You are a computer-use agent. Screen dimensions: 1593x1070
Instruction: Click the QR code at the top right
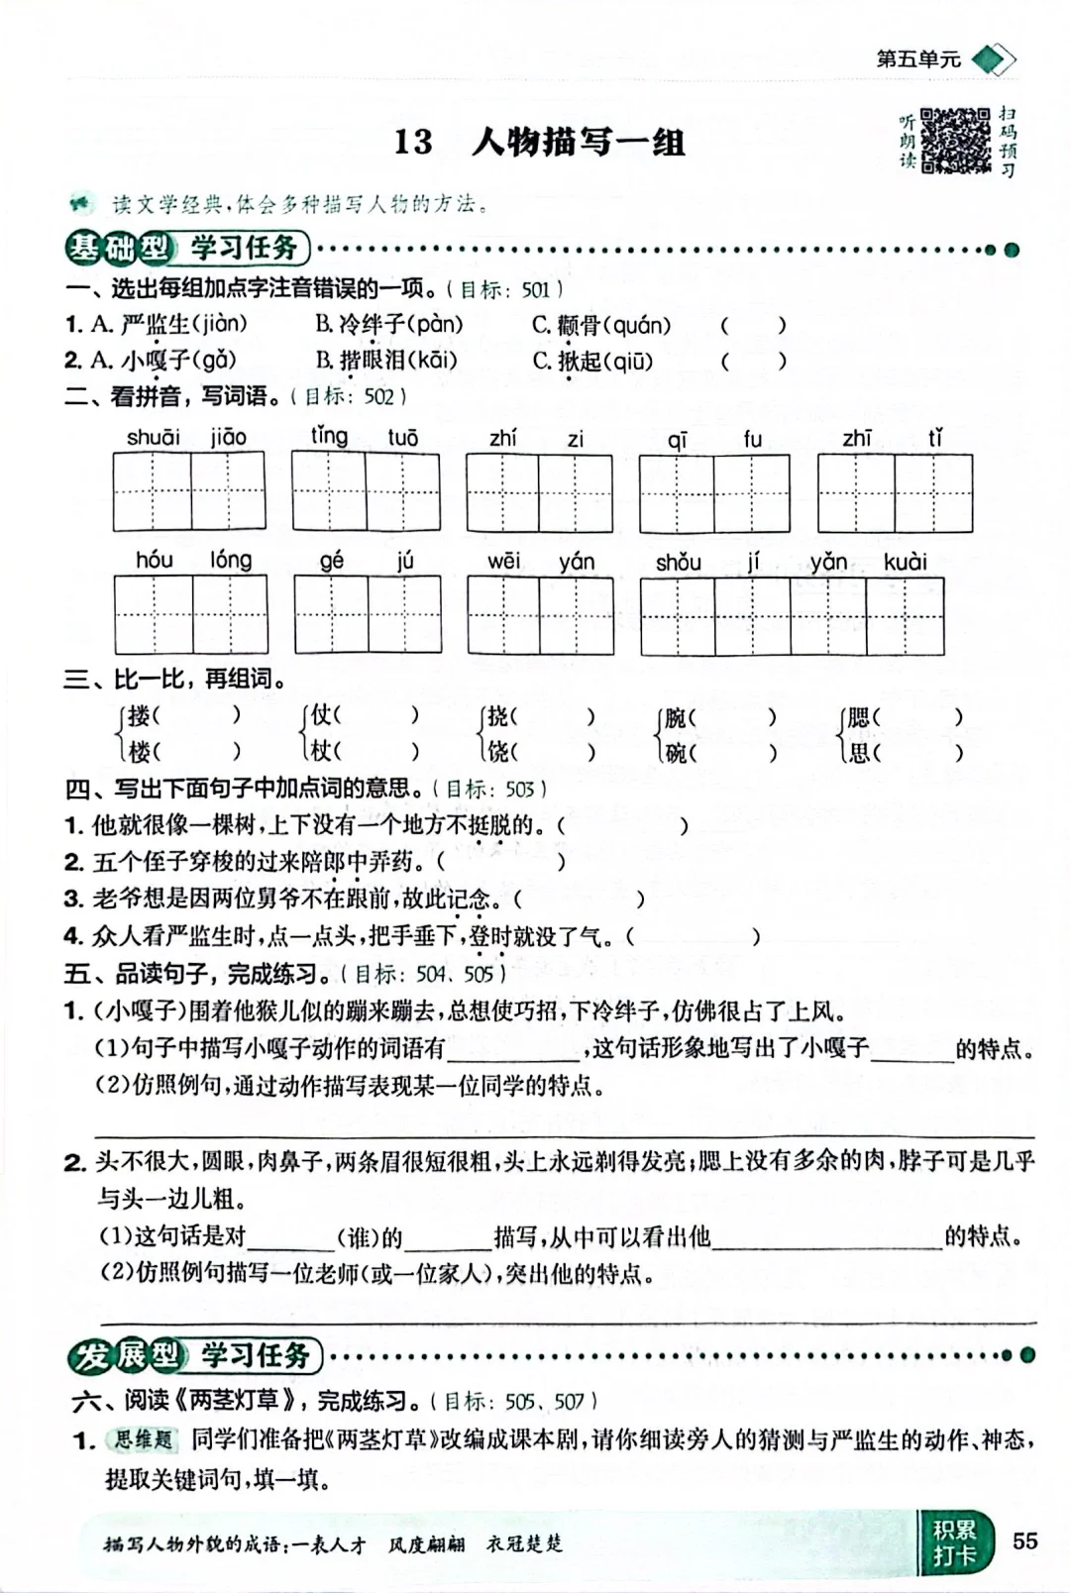[955, 141]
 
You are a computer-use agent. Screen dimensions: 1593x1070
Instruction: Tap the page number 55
[1024, 1540]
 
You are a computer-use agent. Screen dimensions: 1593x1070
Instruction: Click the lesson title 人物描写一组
[579, 143]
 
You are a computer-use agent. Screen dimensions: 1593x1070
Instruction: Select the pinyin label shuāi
[153, 437]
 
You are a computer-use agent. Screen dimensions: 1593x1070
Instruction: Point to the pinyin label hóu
[154, 561]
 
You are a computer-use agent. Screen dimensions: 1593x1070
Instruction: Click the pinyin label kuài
[905, 563]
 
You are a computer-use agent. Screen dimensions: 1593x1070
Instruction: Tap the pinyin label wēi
[503, 562]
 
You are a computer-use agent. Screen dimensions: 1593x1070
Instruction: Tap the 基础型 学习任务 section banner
[187, 248]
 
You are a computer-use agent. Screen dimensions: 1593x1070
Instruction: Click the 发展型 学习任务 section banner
[195, 1355]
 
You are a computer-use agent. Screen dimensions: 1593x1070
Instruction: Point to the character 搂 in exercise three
[140, 716]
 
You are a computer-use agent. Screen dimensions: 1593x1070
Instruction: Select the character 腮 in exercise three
[858, 716]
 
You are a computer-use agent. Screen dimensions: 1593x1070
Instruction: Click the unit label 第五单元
[918, 59]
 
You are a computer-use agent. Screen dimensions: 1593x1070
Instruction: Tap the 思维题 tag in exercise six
[143, 1439]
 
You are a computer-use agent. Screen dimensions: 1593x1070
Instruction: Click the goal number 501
[535, 289]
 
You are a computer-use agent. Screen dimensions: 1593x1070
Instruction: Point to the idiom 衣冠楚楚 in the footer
[524, 1543]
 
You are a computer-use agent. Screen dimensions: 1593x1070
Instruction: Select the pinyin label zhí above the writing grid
[502, 437]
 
